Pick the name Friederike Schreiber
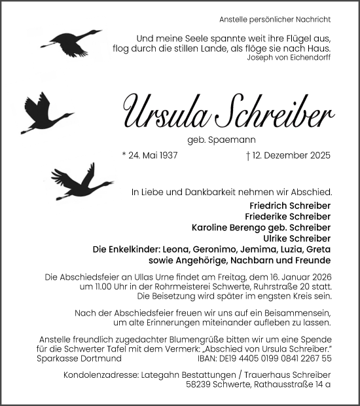[x=288, y=217]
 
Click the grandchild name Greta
[x=318, y=249]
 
